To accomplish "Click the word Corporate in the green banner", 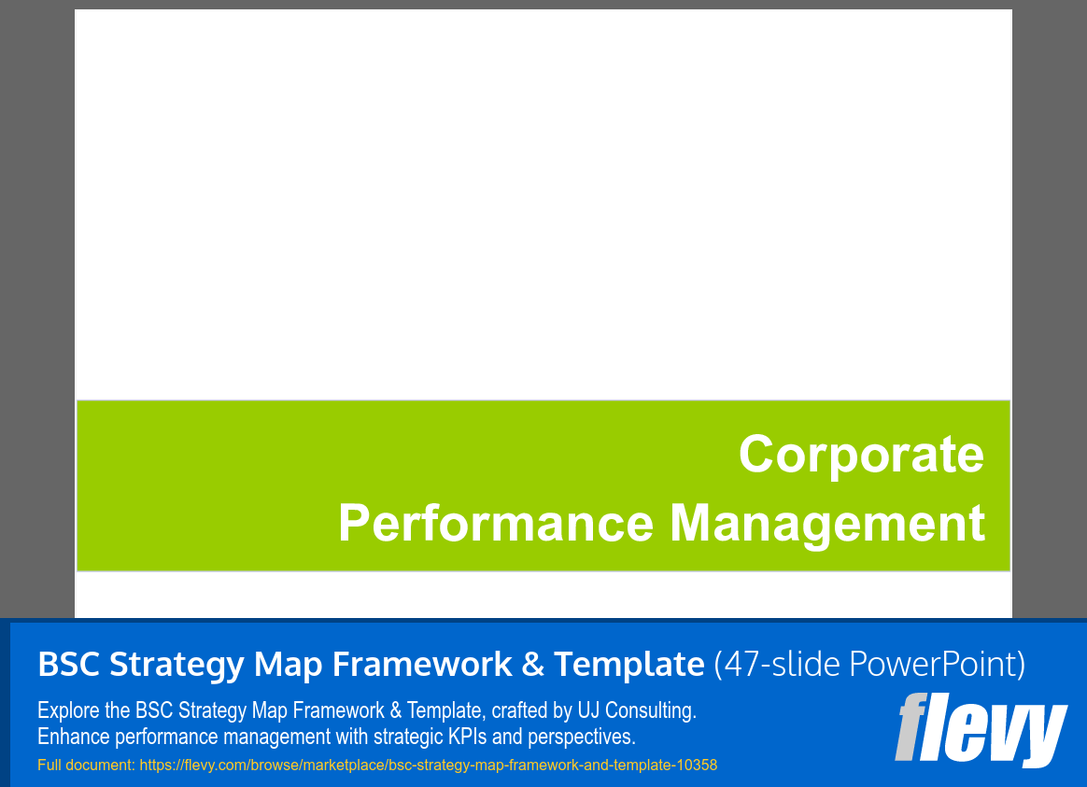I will tap(861, 455).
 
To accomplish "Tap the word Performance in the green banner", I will tap(495, 523).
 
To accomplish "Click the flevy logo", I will tap(981, 729).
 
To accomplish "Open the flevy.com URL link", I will tap(428, 765).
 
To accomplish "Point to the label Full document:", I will tap(87, 765).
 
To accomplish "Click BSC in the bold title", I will tap(69, 665).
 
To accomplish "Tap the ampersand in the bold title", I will tap(531, 665).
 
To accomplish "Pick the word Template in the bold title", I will tap(628, 665).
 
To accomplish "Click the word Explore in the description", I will tap(66, 710).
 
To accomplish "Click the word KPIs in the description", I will tap(463, 737).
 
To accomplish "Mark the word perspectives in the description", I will tap(581, 737).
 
